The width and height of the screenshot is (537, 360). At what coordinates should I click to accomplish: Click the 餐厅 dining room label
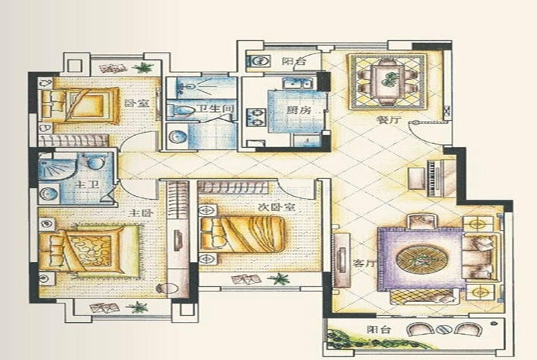tap(389, 120)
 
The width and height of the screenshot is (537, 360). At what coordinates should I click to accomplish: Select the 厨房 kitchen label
tap(299, 111)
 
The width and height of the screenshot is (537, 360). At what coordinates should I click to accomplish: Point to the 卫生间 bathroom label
tap(216, 109)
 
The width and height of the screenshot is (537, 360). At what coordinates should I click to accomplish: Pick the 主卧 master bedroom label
tap(141, 213)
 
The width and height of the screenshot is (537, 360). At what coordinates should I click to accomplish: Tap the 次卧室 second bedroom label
tap(277, 207)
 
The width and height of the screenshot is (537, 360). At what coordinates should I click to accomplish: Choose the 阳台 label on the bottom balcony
tap(379, 330)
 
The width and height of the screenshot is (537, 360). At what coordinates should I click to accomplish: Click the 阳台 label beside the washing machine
tap(294, 62)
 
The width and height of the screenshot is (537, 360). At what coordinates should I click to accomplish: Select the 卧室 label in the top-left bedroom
tap(136, 102)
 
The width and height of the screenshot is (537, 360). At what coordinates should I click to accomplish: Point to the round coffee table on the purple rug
tap(421, 258)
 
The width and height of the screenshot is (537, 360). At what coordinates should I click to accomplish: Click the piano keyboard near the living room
tap(433, 178)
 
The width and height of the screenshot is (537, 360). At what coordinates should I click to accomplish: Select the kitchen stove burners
tap(256, 117)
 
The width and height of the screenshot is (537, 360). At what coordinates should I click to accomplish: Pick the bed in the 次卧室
tap(243, 234)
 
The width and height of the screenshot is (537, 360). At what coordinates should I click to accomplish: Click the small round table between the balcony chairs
tap(444, 330)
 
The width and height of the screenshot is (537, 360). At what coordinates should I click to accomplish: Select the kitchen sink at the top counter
tap(297, 84)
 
